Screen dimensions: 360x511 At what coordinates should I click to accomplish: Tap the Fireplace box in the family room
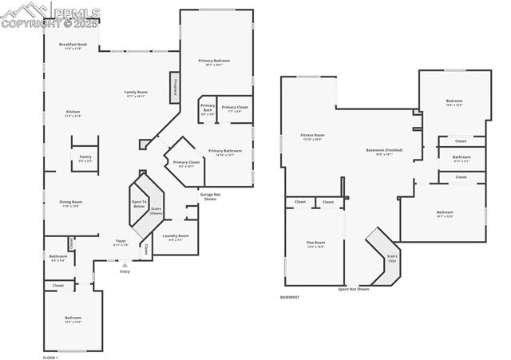pyautogui.click(x=172, y=88)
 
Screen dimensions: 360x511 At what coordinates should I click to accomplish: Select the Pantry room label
pyautogui.click(x=85, y=159)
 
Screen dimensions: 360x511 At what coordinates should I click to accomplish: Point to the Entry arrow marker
pyautogui.click(x=125, y=265)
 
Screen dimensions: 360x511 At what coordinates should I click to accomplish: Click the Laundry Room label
pyautogui.click(x=175, y=237)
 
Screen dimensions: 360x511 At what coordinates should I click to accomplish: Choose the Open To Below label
pyautogui.click(x=139, y=204)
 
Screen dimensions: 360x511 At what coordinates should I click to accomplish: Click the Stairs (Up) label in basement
pyautogui.click(x=392, y=259)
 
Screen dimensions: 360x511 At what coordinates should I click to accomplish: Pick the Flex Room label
pyautogui.click(x=316, y=243)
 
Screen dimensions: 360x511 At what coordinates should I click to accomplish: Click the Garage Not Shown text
pyautogui.click(x=210, y=196)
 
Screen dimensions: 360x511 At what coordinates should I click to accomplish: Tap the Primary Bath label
pyautogui.click(x=207, y=108)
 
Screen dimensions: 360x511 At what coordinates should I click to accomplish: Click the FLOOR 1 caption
pyautogui.click(x=50, y=358)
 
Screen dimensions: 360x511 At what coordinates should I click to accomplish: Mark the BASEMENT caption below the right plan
pyautogui.click(x=290, y=297)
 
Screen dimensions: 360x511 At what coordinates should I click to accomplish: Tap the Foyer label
pyautogui.click(x=121, y=242)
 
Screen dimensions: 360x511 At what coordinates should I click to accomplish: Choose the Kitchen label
pyautogui.click(x=73, y=113)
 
